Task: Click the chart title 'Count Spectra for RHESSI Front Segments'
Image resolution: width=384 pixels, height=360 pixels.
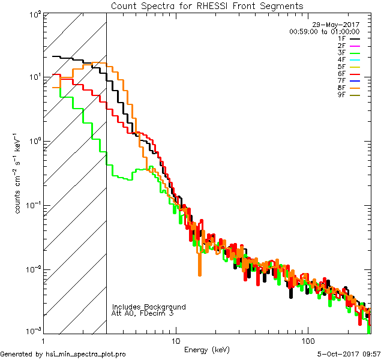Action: (x=207, y=6)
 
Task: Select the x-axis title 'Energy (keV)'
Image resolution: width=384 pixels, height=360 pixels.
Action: (x=207, y=349)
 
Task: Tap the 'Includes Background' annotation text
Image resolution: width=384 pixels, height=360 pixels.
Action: (x=149, y=307)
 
